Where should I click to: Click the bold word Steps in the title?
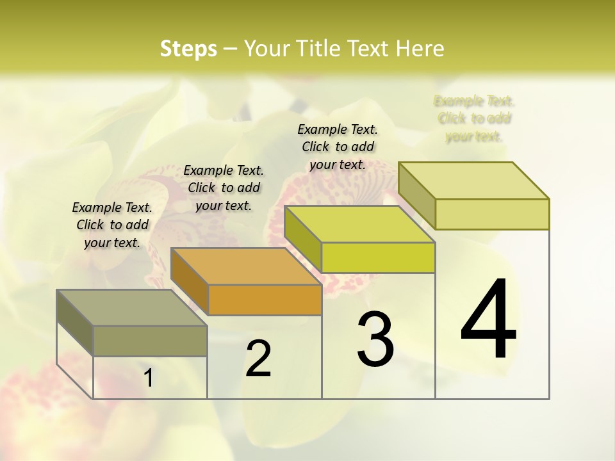point(188,49)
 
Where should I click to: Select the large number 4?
point(488,320)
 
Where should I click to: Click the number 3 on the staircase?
point(375,340)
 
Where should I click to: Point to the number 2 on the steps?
point(258,359)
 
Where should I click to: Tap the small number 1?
point(149,378)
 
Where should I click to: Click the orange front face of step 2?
point(265,300)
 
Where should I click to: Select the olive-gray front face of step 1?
point(150,341)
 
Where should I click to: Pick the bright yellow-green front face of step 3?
point(378,258)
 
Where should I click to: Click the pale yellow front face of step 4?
point(492,214)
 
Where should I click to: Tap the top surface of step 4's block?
point(474,180)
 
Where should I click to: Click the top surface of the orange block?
point(246,266)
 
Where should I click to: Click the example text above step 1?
point(112,225)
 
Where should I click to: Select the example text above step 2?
point(224,188)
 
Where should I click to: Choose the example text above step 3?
point(338,147)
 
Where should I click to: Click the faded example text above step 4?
point(474,118)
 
